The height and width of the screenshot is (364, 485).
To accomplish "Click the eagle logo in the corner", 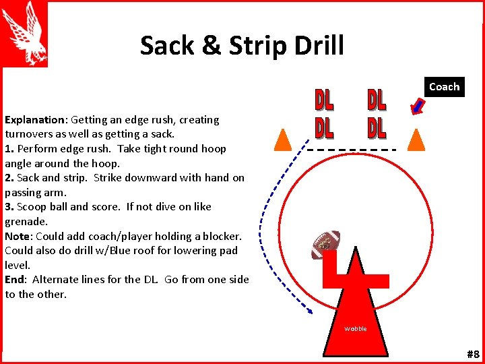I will pyautogui.click(x=25, y=34).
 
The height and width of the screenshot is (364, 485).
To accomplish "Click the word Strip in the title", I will pyautogui.click(x=259, y=46).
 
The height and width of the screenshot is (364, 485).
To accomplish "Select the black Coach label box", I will pyautogui.click(x=444, y=87).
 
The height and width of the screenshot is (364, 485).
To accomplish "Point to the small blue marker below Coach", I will pyautogui.click(x=418, y=106).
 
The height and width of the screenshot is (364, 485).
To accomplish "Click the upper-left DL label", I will pyautogui.click(x=324, y=100).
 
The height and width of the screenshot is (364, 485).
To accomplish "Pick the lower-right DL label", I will pyautogui.click(x=377, y=127).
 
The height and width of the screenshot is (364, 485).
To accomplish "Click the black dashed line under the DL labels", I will pyautogui.click(x=351, y=148).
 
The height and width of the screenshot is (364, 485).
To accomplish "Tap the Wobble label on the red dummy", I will pyautogui.click(x=356, y=329).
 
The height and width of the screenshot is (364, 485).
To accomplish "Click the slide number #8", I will pyautogui.click(x=472, y=355).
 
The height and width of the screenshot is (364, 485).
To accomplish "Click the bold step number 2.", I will pyautogui.click(x=9, y=178).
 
